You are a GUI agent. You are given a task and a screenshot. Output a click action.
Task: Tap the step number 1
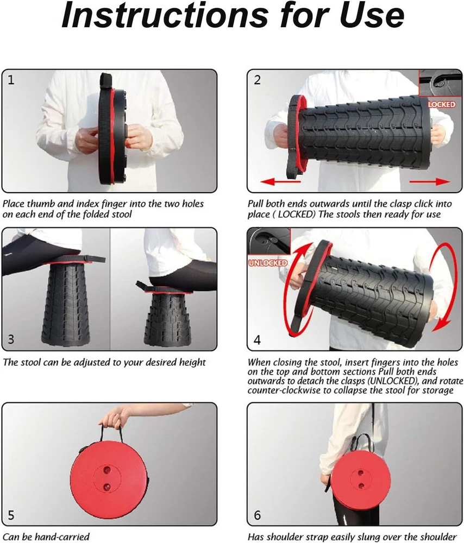click(11, 80)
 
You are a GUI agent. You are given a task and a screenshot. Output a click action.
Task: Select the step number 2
click(257, 80)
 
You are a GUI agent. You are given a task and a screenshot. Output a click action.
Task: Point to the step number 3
click(11, 339)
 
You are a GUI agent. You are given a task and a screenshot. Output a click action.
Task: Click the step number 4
click(257, 340)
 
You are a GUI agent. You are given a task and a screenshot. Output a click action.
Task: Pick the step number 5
click(11, 515)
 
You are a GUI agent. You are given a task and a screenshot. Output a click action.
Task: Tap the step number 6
click(257, 515)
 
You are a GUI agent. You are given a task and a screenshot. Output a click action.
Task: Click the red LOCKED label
click(442, 104)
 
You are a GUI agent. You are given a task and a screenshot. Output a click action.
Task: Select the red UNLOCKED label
click(268, 263)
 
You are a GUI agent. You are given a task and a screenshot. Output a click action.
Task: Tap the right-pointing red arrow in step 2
click(430, 181)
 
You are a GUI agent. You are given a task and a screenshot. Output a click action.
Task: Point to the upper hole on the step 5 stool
click(107, 470)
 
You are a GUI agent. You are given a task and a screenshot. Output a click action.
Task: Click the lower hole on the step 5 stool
click(107, 487)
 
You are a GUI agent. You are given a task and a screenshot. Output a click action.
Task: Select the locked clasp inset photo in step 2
click(441, 84)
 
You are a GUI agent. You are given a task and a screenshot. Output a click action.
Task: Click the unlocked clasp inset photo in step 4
click(269, 242)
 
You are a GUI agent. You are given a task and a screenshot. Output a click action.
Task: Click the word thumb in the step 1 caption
click(41, 204)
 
